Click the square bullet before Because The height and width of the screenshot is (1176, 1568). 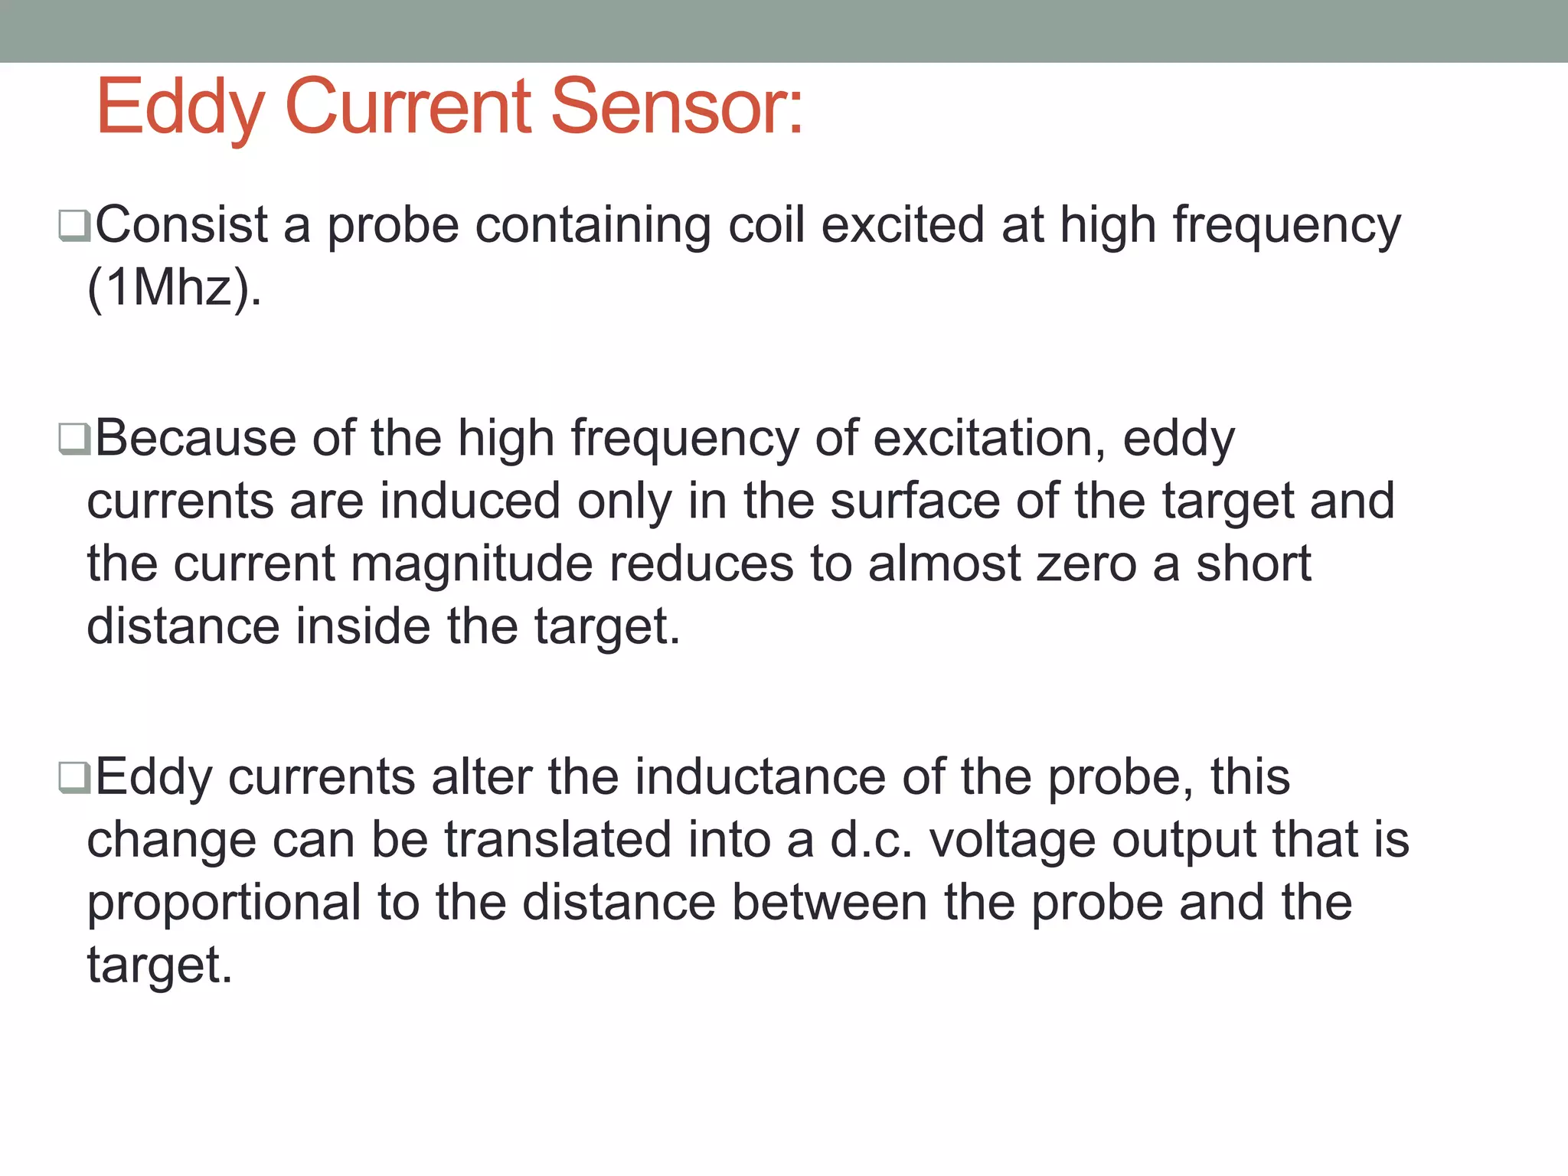(74, 440)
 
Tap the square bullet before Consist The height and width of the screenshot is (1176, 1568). (74, 227)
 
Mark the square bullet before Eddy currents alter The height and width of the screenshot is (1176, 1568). (74, 779)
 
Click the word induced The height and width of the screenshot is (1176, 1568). (470, 501)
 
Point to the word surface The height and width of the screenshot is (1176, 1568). (915, 501)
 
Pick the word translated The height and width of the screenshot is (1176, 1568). (558, 840)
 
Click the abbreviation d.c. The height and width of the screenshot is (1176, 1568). (871, 840)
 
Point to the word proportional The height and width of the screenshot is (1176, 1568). (224, 903)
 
